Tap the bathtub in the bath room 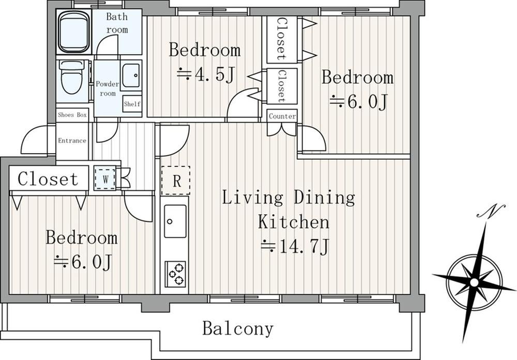74,32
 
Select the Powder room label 108,88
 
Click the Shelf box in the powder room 132,104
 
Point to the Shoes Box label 72,115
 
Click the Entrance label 72,141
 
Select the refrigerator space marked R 176,181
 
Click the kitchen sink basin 175,221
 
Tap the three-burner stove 175,274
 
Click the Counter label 282,116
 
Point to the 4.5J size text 206,74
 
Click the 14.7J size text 295,246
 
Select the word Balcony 238,328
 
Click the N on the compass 491,211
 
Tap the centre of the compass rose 474,282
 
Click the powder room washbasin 131,76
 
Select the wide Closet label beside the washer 48,179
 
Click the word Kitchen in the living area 294,221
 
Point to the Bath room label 117,23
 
